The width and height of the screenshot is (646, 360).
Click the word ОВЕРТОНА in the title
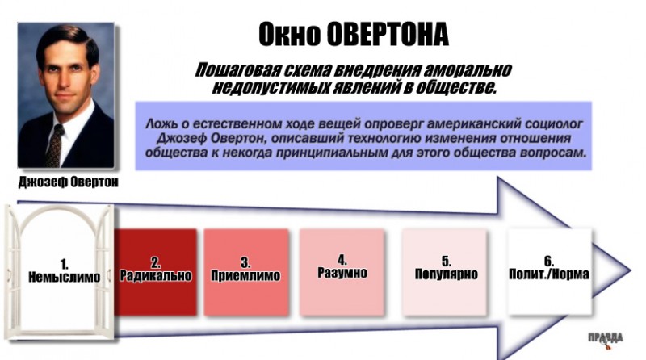(x=388, y=34)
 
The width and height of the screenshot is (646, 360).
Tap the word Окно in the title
(x=289, y=34)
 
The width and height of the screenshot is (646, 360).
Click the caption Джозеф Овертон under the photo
(x=69, y=182)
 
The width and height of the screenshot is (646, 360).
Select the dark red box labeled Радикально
(x=155, y=272)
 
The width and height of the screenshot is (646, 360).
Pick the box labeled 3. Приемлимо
(x=246, y=272)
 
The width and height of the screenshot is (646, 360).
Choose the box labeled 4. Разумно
(x=342, y=272)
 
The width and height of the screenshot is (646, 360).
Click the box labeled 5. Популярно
(x=445, y=272)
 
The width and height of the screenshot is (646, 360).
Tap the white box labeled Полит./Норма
(x=550, y=272)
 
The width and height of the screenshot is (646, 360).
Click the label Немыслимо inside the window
(x=65, y=277)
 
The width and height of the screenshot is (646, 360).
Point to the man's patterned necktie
(x=54, y=145)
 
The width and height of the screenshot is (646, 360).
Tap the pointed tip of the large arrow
(x=630, y=270)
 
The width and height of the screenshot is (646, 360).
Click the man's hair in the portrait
(x=66, y=39)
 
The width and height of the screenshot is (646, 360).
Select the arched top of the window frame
(x=61, y=211)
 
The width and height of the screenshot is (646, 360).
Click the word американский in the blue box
(x=474, y=124)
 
